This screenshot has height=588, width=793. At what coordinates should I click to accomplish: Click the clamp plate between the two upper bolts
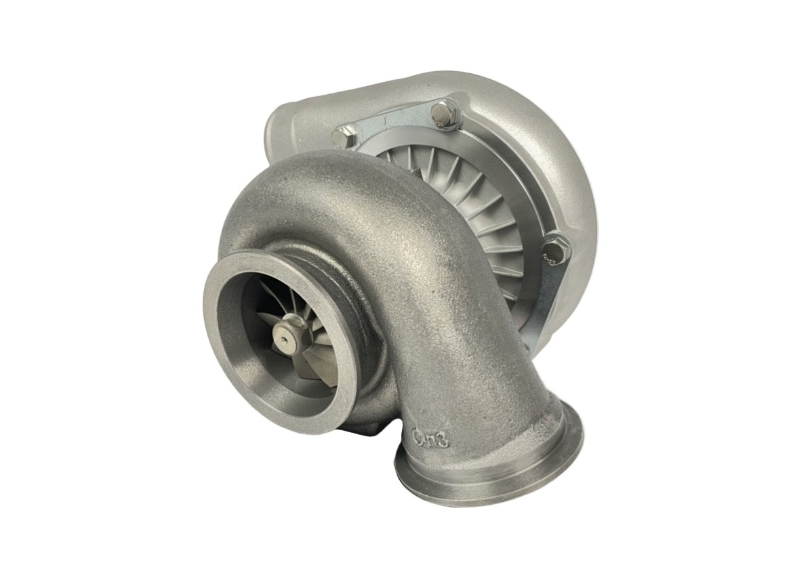click(393, 125)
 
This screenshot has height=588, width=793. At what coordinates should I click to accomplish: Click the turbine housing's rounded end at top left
click(285, 129)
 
